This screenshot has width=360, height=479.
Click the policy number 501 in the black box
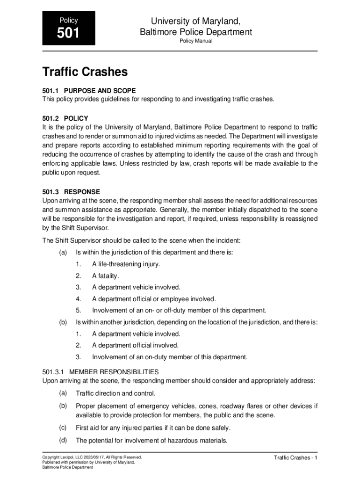pos(68,33)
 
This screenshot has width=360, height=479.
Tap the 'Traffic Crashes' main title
pos(85,72)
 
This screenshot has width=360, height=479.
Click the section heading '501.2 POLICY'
pos(65,118)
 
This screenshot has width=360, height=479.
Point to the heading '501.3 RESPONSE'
pos(71,192)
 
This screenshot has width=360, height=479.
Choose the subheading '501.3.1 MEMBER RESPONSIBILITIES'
pos(100,372)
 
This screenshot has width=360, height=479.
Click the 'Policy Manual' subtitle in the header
pos(196,41)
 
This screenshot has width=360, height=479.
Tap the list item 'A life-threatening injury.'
pos(126,264)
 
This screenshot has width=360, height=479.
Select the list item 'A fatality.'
pos(106,276)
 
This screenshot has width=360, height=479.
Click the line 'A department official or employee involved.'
pos(154,299)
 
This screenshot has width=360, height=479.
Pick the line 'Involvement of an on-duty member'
pos(169,357)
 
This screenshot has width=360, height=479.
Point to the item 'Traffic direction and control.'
pos(115,393)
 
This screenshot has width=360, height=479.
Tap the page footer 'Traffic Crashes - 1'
pos(295,457)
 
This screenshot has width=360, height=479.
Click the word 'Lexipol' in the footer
pos(68,457)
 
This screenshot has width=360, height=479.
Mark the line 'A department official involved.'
pos(135,345)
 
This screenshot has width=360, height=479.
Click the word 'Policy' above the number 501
pos(68,20)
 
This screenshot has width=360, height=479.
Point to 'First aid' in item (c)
pos(87,428)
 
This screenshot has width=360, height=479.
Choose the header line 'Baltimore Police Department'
pos(196,32)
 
